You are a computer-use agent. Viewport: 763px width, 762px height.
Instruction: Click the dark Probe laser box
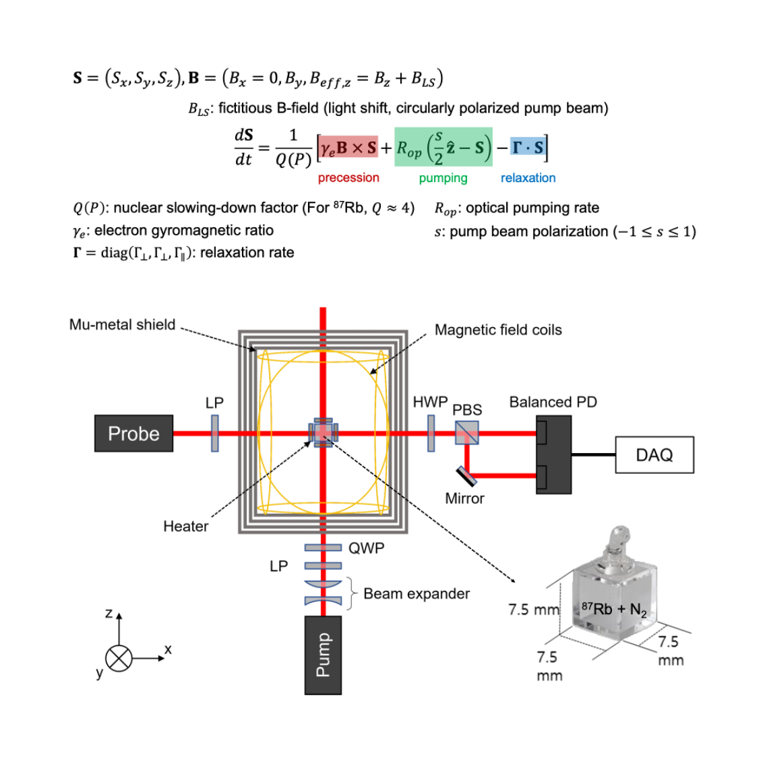point(133,433)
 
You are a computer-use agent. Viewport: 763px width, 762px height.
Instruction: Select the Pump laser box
point(323,655)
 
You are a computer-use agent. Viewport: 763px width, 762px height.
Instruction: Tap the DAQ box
point(654,455)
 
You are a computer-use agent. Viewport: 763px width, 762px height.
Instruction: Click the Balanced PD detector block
point(554,455)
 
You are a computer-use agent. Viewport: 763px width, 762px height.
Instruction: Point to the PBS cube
point(466,433)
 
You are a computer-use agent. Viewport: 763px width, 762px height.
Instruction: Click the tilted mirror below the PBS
point(466,475)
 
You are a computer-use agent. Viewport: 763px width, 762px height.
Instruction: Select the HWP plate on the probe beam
point(431,433)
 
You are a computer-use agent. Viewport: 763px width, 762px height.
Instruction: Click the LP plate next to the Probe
point(215,433)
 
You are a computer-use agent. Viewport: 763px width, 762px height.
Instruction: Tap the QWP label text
point(366,548)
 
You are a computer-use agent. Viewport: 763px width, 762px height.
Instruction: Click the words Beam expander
point(416,594)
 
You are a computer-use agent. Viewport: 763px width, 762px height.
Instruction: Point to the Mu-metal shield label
point(122,325)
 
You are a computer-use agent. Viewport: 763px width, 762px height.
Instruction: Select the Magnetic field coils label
point(497,330)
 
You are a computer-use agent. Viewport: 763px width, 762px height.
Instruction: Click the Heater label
point(185,527)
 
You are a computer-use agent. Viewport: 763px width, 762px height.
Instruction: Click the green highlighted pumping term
point(443,148)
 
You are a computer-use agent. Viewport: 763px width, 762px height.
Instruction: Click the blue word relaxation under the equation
point(528,178)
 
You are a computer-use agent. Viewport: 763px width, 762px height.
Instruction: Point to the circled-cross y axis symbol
point(119,658)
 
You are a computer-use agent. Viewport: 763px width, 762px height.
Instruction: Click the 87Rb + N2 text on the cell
point(613,610)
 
